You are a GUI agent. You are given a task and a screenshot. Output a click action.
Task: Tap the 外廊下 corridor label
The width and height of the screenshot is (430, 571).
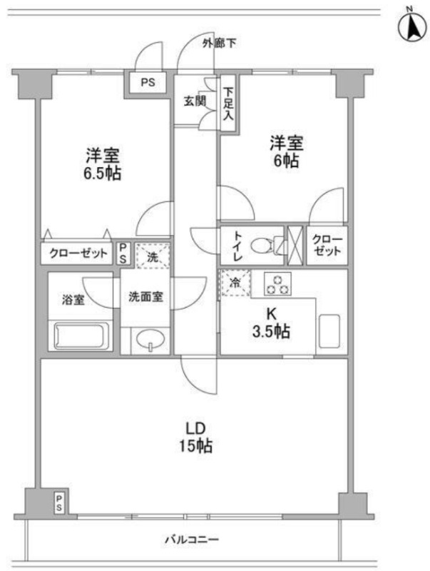click(220, 44)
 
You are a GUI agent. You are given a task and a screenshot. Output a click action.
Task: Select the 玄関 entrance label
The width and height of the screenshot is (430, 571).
click(195, 101)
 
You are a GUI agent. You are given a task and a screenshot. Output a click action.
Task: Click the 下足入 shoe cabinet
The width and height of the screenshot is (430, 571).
click(228, 103)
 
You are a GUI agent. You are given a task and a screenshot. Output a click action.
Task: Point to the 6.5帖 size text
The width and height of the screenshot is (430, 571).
click(103, 173)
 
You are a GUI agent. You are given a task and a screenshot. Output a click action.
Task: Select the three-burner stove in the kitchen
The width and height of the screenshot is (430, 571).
click(278, 284)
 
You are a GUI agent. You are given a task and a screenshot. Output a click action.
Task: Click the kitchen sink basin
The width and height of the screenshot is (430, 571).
click(329, 331)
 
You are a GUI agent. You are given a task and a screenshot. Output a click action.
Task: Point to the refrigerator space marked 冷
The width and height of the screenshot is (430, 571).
click(236, 283)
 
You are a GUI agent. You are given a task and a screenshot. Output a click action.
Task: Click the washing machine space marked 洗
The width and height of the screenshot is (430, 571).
click(153, 256)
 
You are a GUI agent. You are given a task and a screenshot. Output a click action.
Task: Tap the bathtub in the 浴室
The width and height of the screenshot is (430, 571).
click(81, 335)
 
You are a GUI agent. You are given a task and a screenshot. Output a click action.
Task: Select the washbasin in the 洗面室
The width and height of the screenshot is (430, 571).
click(150, 340)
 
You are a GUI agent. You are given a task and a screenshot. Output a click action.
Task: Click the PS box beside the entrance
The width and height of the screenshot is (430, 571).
click(148, 83)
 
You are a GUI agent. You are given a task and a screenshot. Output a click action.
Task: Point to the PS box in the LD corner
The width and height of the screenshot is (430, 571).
click(59, 502)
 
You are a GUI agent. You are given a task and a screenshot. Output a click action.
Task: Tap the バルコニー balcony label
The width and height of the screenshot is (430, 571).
click(192, 539)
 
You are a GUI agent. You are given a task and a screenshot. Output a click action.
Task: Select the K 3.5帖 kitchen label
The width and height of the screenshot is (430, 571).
click(271, 323)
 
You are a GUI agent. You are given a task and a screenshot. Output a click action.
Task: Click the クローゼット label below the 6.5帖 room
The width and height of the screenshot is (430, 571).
click(78, 253)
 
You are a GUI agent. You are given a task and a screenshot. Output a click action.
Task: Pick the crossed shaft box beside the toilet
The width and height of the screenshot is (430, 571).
click(295, 246)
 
